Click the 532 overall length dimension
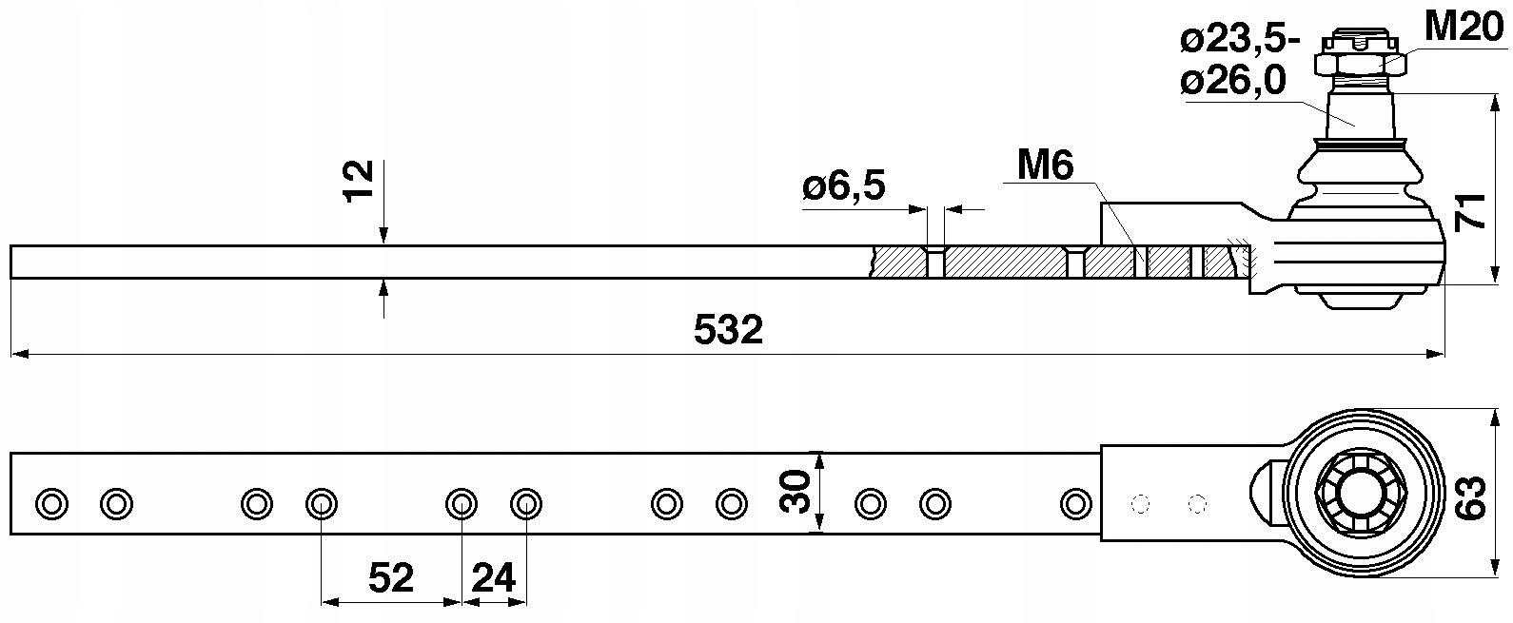click(x=728, y=330)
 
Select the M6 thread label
click(x=1045, y=165)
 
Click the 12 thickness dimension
click(x=358, y=182)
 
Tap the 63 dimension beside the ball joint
click(x=1471, y=496)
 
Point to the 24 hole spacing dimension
click(x=493, y=577)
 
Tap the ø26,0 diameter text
click(x=1233, y=82)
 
